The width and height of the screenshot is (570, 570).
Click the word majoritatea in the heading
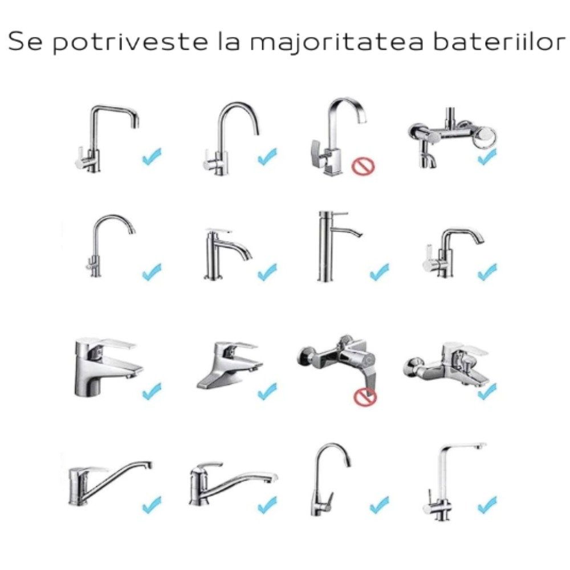tap(337, 42)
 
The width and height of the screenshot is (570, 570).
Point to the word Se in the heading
tap(25, 42)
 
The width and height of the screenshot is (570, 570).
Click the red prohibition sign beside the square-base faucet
tap(363, 166)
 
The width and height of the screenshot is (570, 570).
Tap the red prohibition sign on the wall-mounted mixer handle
tap(365, 397)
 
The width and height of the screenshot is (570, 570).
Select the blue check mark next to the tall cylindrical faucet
tap(379, 272)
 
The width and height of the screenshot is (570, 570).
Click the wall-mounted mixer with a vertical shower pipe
tap(452, 137)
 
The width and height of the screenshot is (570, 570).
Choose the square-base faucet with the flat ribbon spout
tap(338, 137)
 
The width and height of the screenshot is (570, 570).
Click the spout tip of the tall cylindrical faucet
tap(360, 235)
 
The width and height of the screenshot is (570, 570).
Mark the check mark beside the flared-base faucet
tap(267, 391)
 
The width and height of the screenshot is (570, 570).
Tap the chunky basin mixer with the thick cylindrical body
tap(108, 367)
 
